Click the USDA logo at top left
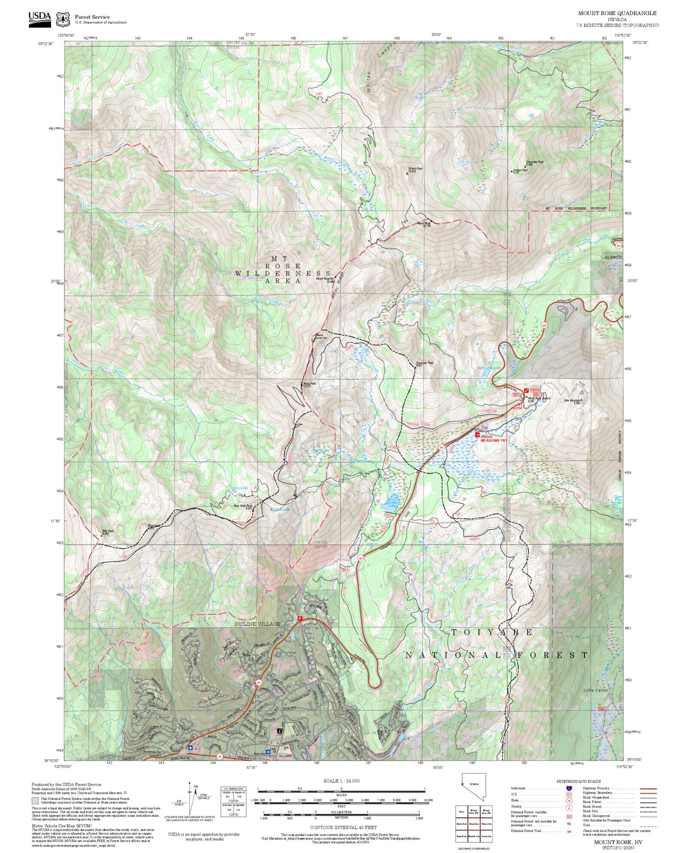[40, 19]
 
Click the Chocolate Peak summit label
[534, 162]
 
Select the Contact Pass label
[520, 170]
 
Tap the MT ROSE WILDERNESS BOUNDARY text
[576, 208]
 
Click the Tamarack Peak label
[424, 363]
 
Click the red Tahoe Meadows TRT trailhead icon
[477, 434]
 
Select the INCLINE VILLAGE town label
[256, 624]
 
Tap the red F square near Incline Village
[300, 618]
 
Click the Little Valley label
[595, 690]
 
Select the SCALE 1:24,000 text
[341, 781]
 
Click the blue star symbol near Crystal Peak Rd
[191, 747]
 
